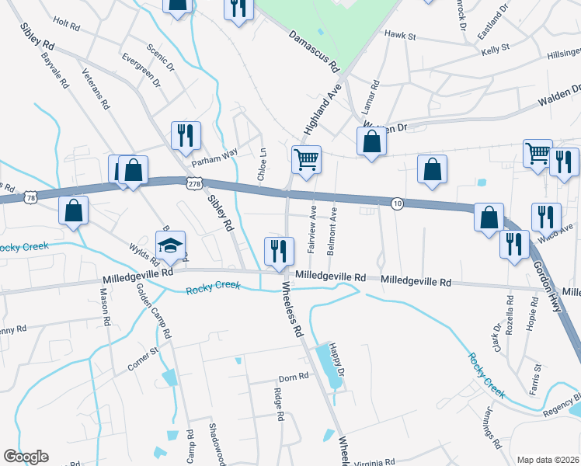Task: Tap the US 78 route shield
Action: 29,199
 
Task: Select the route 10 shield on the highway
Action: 396,203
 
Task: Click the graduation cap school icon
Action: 170,244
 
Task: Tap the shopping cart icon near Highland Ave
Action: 306,159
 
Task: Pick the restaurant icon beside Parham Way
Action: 186,135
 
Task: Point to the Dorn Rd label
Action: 294,376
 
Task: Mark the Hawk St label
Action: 401,36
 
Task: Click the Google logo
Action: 26,457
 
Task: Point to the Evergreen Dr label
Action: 141,70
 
